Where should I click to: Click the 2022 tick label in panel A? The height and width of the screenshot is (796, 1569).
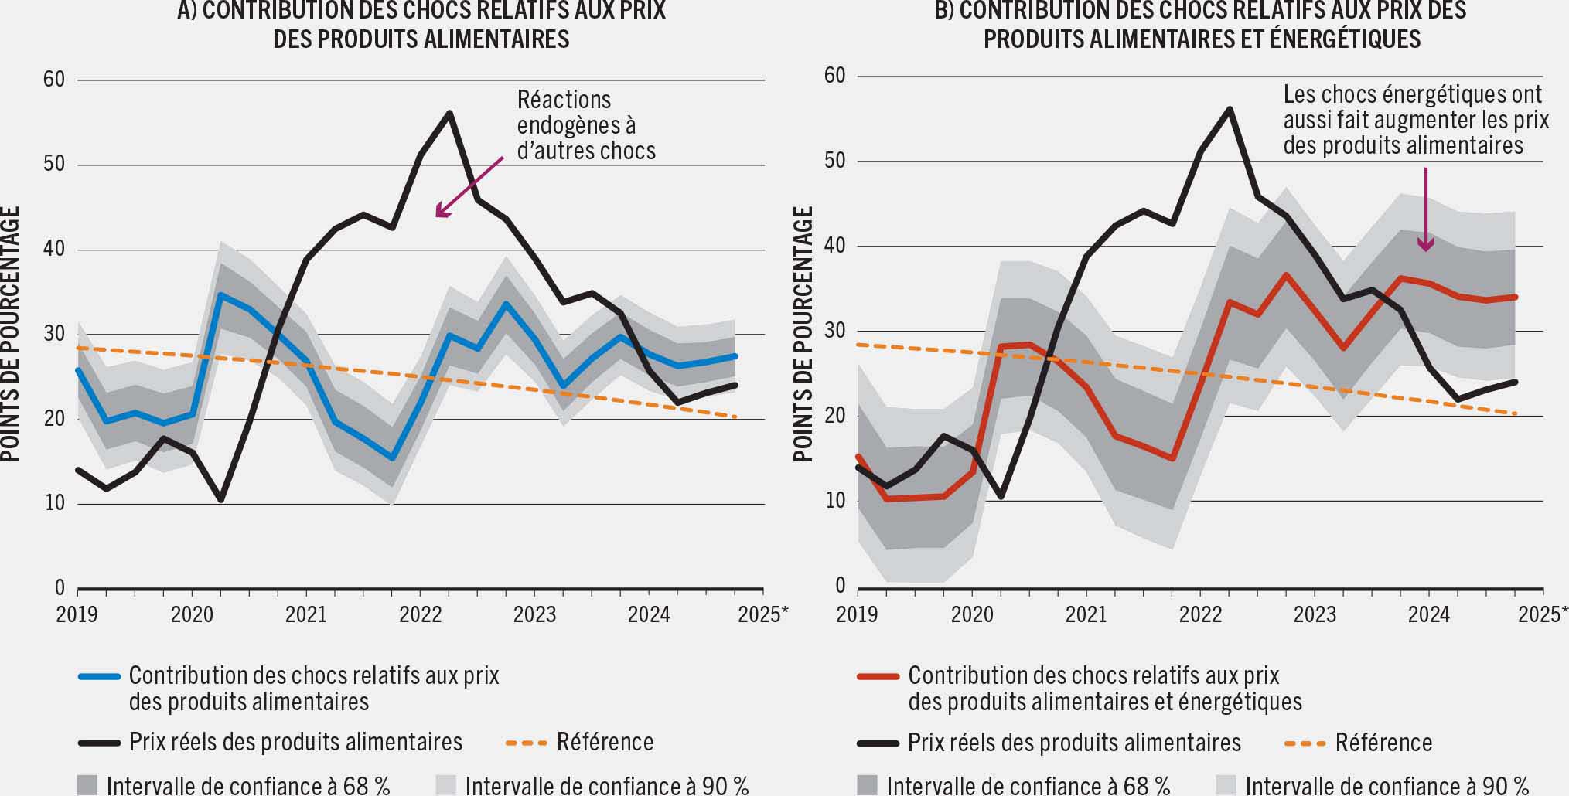click(420, 614)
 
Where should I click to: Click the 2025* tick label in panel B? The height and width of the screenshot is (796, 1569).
click(1543, 614)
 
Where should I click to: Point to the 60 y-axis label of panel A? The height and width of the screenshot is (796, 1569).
click(54, 80)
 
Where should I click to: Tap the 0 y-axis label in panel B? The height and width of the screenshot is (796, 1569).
click(840, 586)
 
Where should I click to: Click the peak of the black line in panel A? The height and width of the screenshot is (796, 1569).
click(449, 113)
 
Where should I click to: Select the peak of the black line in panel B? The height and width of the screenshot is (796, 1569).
click(1229, 109)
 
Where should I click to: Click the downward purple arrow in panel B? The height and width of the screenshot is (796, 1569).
click(1425, 209)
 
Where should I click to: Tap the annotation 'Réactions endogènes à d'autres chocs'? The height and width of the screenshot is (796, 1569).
click(585, 125)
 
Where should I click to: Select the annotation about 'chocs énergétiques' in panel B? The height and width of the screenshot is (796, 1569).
click(1415, 120)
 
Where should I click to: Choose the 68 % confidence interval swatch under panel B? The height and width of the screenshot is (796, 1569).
click(868, 785)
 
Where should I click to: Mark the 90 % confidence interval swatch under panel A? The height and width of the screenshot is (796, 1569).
click(446, 785)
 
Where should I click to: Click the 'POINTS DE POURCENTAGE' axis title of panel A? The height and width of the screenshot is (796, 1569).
click(9, 334)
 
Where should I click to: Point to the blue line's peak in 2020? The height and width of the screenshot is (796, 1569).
click(221, 294)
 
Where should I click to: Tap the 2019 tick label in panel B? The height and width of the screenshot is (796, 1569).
click(857, 614)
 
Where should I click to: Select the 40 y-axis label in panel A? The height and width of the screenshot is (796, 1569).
click(54, 250)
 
